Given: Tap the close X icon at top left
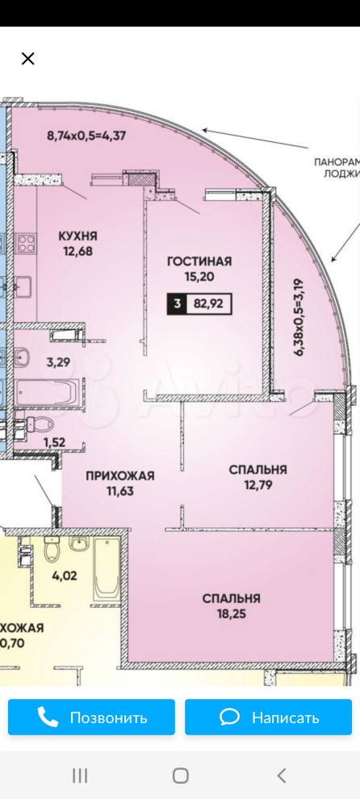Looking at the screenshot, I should click(x=28, y=58).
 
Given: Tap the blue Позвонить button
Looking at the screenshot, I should click(x=91, y=717).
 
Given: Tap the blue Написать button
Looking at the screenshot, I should click(x=269, y=717).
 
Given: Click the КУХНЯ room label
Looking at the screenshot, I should click(x=77, y=236).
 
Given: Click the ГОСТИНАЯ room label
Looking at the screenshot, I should click(x=199, y=261).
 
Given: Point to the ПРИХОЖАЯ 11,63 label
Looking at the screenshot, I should click(x=119, y=483).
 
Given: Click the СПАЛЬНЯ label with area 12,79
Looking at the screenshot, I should click(x=257, y=476).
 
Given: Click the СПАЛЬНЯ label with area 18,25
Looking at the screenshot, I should click(x=231, y=605).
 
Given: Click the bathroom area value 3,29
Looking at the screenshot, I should click(x=57, y=362).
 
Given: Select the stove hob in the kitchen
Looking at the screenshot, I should click(x=25, y=242).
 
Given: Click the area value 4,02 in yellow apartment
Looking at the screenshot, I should click(x=65, y=575).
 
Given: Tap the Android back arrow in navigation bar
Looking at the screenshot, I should click(x=282, y=776).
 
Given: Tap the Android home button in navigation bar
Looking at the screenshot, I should click(x=181, y=776).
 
